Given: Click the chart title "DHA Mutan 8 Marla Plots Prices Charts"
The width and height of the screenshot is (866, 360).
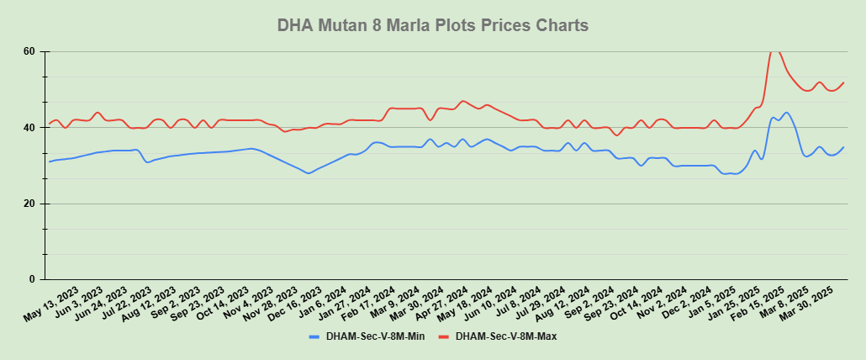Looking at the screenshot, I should click(432, 25).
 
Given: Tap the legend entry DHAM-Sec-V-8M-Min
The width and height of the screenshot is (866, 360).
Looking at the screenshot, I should click(375, 336).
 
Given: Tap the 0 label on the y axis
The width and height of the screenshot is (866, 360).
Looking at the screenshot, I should click(31, 279).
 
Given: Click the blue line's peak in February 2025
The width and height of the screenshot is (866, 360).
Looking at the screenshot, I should click(786, 113).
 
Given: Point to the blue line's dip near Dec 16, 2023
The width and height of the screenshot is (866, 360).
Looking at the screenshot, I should click(309, 173).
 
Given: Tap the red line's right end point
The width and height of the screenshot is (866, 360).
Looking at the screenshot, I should click(843, 82).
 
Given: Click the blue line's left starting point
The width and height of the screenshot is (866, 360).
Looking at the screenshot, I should click(49, 161).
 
